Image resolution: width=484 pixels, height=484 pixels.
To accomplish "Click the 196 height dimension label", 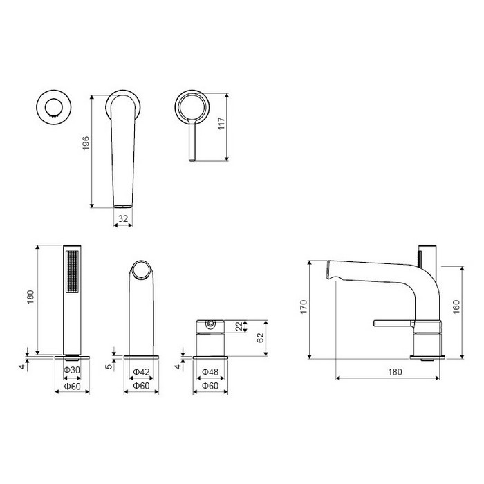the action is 86,143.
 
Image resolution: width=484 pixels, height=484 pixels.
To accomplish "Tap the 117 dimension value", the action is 221,124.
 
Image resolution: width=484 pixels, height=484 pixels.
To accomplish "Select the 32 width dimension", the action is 123,218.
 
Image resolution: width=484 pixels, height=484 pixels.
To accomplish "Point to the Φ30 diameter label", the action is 72,370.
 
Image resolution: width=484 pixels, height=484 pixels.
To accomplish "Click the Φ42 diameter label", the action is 141,372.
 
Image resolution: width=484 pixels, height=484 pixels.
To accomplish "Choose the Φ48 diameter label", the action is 210,372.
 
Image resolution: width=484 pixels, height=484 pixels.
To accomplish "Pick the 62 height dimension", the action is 260,337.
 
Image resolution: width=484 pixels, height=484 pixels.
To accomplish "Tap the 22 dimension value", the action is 239,326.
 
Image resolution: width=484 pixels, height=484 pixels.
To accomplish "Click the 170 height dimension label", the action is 304,307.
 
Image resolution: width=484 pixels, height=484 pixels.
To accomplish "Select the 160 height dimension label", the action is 456,307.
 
